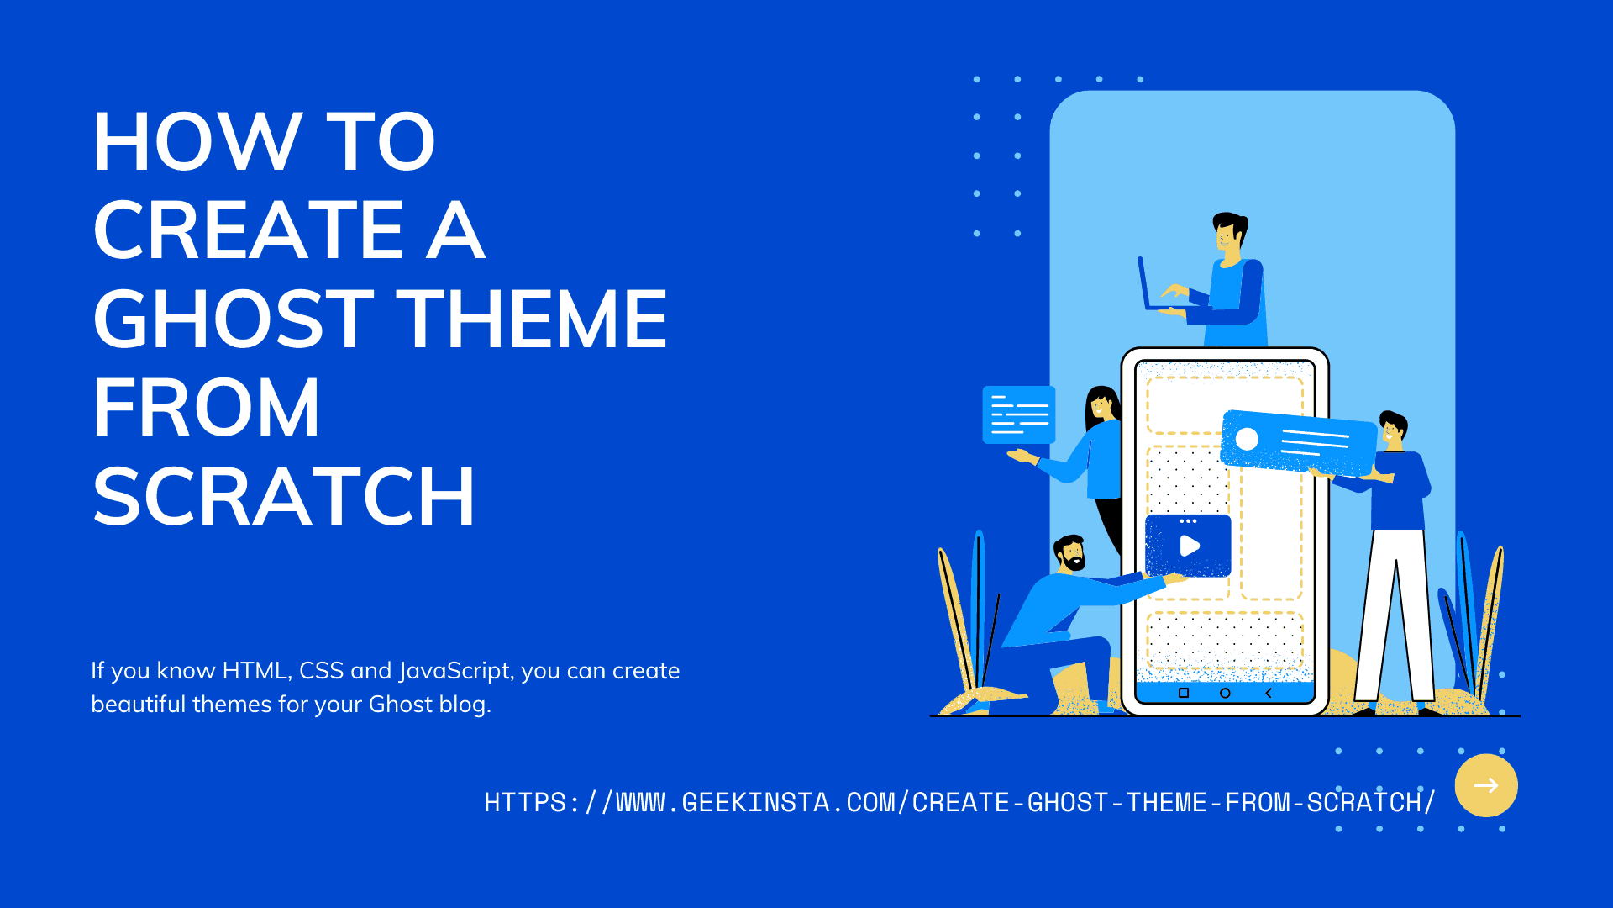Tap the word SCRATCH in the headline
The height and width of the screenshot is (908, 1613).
tap(284, 497)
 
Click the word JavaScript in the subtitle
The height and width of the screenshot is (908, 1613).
tap(454, 671)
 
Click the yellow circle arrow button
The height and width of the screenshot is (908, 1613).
tap(1485, 785)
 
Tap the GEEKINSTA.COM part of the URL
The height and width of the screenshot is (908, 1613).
tap(761, 803)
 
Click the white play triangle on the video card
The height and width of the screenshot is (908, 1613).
tap(1190, 546)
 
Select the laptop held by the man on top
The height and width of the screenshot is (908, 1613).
tap(1148, 286)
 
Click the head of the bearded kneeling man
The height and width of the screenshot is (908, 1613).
tap(1070, 553)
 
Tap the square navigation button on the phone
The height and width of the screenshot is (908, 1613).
tap(1184, 693)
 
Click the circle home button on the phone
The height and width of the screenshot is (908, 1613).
tap(1225, 693)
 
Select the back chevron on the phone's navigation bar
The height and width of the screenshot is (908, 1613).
tap(1269, 693)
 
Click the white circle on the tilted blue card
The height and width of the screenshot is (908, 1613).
tap(1247, 439)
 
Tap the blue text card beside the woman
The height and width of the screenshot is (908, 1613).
tap(1019, 414)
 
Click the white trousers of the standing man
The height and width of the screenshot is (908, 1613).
tap(1395, 614)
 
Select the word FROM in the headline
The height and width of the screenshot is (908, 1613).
tap(206, 408)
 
